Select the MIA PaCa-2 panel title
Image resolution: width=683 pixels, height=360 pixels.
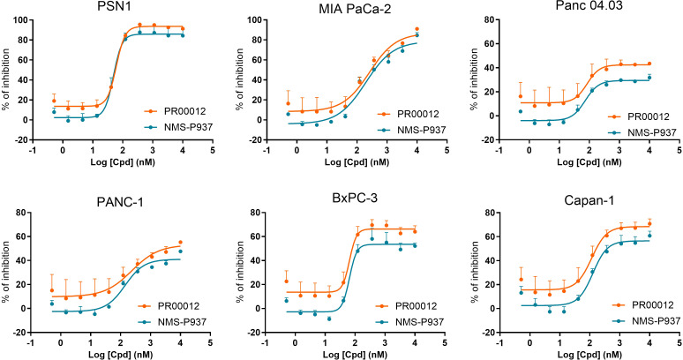click(356, 9)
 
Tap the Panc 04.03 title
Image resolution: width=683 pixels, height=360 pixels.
click(589, 5)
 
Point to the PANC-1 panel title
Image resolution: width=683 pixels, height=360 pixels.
click(119, 202)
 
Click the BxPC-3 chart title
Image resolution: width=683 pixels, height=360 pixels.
click(354, 199)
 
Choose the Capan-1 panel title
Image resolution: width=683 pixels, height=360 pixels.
click(589, 200)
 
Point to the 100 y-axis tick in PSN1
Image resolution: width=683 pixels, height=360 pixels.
click(20, 20)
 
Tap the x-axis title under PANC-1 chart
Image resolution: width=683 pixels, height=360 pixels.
click(120, 355)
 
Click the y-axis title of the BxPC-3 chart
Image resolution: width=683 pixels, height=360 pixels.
click(240, 272)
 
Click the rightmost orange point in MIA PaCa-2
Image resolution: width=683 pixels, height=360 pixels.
click(417, 29)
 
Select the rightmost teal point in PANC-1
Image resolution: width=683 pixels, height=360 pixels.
click(180, 251)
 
